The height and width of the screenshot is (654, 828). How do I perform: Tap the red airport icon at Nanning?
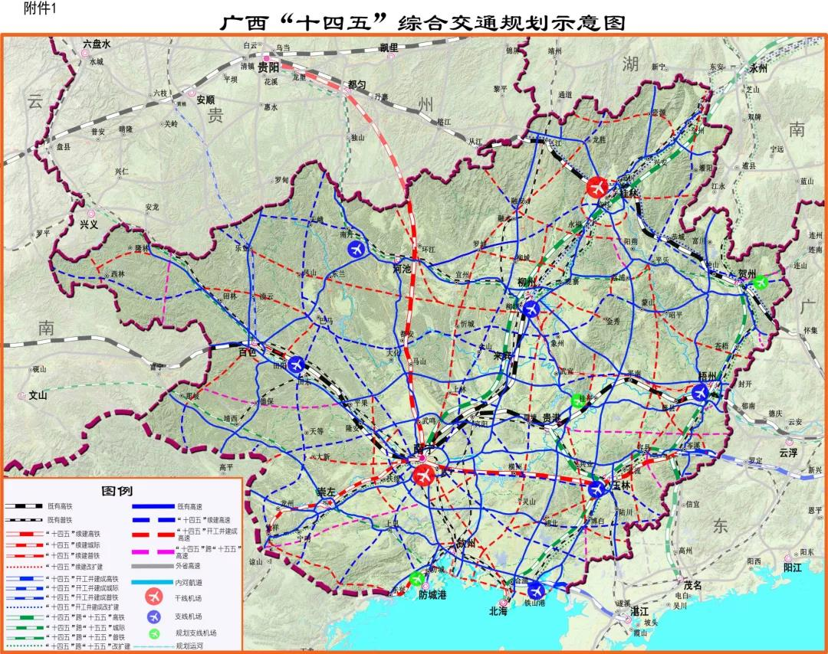(423, 475)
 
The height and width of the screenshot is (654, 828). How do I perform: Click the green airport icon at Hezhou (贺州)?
(761, 281)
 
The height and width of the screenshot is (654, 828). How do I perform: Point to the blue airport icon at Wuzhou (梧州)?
(700, 392)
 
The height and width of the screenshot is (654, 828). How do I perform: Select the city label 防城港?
(433, 594)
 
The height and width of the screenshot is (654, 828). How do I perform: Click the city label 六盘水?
(97, 44)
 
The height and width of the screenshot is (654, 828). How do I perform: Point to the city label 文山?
(38, 396)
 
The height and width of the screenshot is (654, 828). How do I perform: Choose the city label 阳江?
(792, 567)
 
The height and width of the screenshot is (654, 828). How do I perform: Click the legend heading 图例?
(122, 491)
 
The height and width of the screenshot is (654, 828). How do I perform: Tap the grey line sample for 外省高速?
(153, 567)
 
